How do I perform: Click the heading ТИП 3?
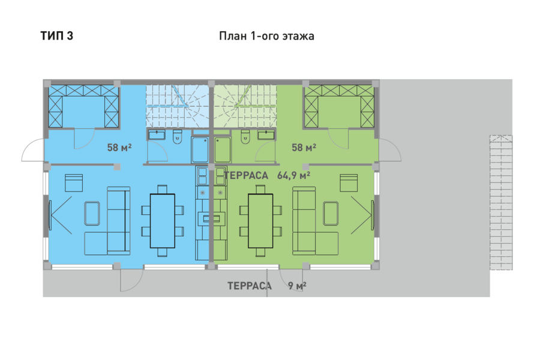pos(57,36)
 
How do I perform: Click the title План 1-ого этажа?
pos(266,36)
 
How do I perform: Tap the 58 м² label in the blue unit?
pos(119,148)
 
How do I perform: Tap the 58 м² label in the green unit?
pos(304,148)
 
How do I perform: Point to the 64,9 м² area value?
pos(293,175)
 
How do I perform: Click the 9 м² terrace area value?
pos(297,286)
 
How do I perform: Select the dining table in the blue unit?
pos(163,221)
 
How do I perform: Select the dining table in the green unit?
pos(260,221)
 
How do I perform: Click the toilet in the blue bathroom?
pos(178,137)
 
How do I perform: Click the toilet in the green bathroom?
pos(245,137)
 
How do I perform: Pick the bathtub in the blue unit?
pos(200,150)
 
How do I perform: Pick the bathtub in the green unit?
pos(223,150)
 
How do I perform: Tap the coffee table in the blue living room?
pos(92,214)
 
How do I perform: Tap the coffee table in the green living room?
pos(331,214)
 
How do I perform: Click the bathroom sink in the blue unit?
pos(157,134)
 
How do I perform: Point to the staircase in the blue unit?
pos(177,106)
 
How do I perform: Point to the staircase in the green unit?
pos(245,106)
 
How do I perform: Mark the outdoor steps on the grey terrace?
pos(501,203)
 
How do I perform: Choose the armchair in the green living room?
pos(349,183)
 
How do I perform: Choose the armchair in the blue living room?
pos(74,183)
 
